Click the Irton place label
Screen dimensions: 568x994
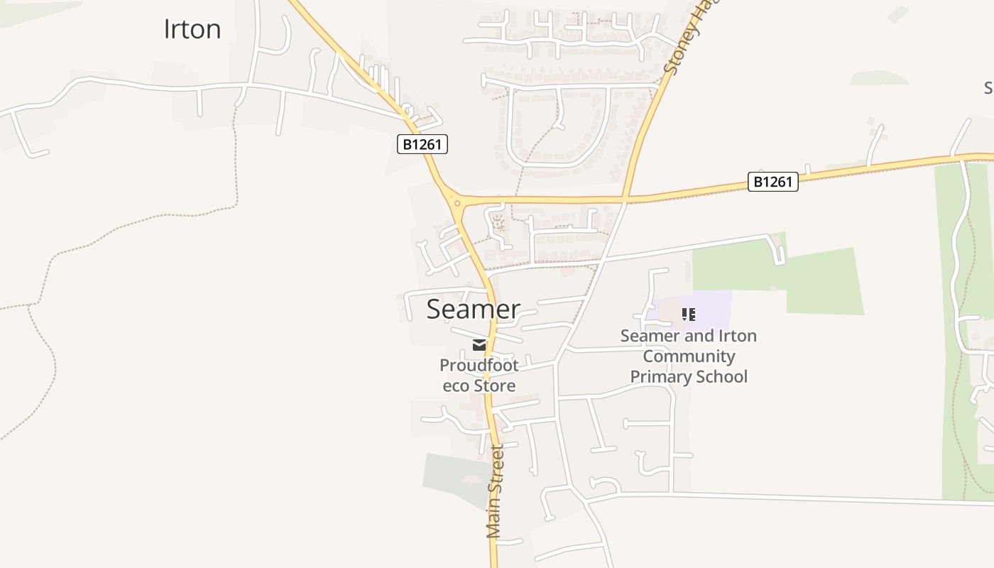pos(192,29)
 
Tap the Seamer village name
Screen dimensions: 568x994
pos(473,310)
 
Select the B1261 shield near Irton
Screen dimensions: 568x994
pos(422,145)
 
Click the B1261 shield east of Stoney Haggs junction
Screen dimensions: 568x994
pos(772,182)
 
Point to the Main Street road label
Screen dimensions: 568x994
pos(495,491)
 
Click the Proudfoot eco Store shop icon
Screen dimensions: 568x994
pos(479,346)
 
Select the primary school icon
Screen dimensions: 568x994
pos(688,314)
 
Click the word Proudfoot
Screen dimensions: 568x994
pos(479,366)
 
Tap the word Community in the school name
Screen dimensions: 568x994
pos(689,356)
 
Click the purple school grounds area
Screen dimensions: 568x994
pos(710,310)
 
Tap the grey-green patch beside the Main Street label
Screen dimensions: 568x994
pos(454,476)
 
